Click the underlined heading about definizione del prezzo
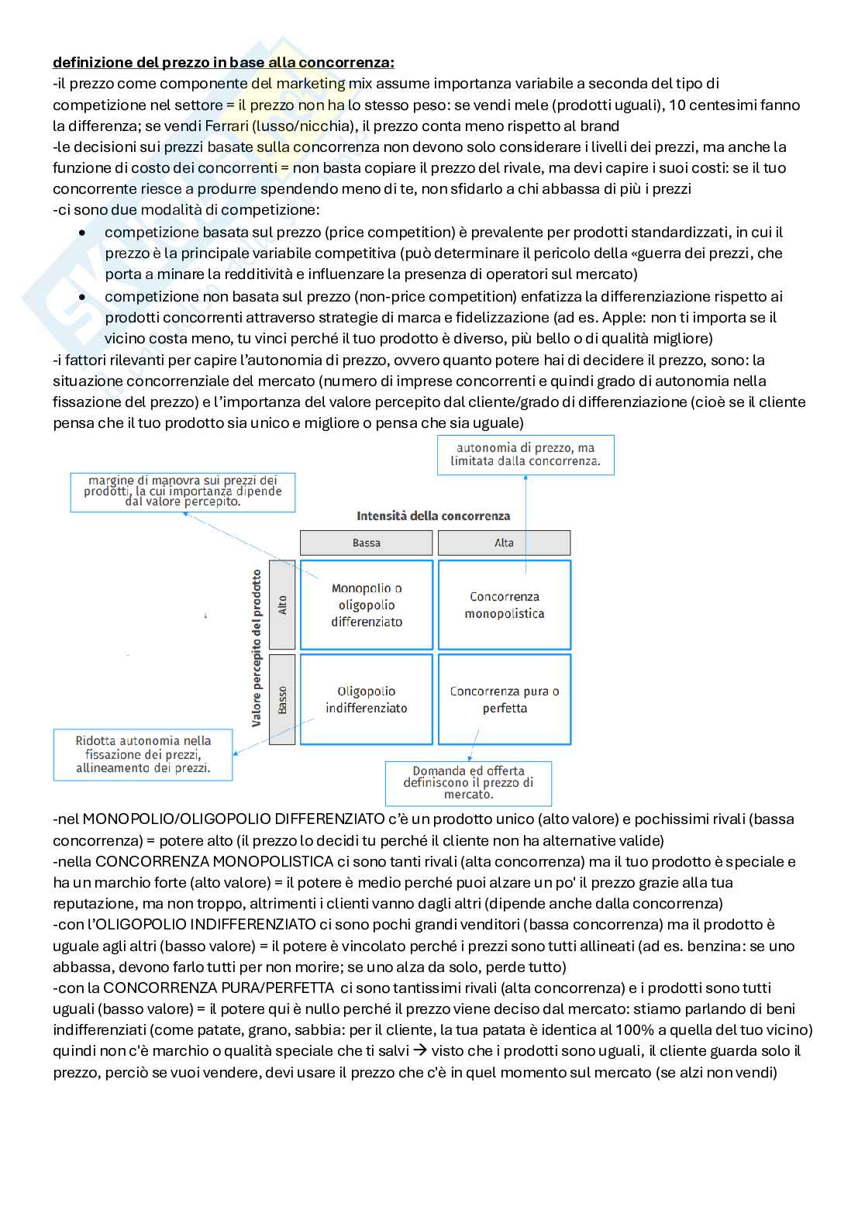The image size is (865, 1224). [223, 62]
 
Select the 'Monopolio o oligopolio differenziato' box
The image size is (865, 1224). [367, 605]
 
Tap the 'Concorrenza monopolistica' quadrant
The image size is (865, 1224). [505, 605]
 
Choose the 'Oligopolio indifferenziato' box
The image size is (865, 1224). [367, 699]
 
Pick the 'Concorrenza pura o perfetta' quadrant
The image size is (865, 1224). [505, 699]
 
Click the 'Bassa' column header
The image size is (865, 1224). [367, 543]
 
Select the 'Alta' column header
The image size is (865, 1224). [505, 543]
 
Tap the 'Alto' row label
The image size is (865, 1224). [282, 605]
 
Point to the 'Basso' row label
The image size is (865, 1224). [282, 699]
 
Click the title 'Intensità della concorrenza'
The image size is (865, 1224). [433, 515]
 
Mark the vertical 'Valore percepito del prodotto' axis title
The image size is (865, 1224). [257, 648]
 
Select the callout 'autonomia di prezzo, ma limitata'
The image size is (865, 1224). [526, 454]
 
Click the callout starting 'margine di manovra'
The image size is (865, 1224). [183, 491]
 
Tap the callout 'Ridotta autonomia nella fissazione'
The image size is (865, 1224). [143, 754]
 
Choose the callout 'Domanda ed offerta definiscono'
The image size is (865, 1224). [469, 783]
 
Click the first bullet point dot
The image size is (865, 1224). [83, 233]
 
